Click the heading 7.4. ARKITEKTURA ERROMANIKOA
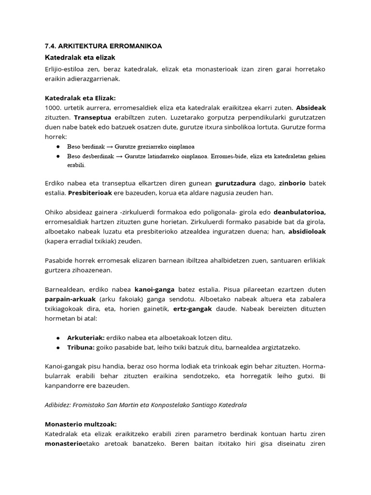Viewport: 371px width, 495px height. point(103,46)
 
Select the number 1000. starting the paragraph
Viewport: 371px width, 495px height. point(54,108)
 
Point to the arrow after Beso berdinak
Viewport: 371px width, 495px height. point(109,146)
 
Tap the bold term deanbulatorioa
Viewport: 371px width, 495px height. point(300,212)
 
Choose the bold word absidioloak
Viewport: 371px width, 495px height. point(307,232)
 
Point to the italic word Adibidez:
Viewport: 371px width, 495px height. point(59,405)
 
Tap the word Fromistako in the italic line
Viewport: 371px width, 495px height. point(94,405)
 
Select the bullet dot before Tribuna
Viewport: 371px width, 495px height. point(58,347)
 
